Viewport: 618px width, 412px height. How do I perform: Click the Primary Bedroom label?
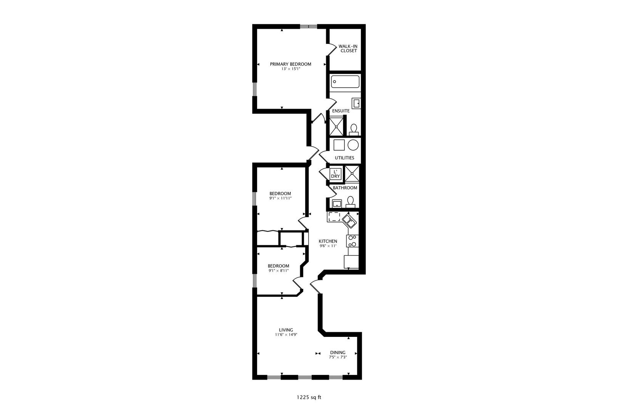(290, 64)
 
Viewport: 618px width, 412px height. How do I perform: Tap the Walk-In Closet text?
(348, 48)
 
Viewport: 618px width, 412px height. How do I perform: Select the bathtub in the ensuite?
(345, 81)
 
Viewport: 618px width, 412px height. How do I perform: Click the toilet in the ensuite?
(354, 129)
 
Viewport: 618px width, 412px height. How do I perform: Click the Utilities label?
(344, 158)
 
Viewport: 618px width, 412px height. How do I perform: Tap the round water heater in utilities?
(353, 145)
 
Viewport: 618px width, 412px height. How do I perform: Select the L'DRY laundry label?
(335, 174)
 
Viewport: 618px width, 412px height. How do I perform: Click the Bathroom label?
(345, 188)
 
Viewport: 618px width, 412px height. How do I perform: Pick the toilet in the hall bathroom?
(351, 201)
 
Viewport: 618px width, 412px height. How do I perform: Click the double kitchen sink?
(349, 220)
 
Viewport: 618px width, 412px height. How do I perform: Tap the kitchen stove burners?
(352, 241)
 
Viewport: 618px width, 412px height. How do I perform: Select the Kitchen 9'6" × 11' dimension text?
(328, 246)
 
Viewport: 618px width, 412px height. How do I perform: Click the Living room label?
(286, 330)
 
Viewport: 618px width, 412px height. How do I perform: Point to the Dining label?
(338, 352)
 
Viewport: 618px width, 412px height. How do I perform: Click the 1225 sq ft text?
(309, 397)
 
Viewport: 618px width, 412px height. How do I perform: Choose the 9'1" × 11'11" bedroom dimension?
(280, 198)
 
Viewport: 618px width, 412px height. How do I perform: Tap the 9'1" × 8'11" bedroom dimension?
(278, 271)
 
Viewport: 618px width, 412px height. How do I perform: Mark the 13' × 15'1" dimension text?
(291, 69)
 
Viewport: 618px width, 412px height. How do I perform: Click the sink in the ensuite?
(356, 103)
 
